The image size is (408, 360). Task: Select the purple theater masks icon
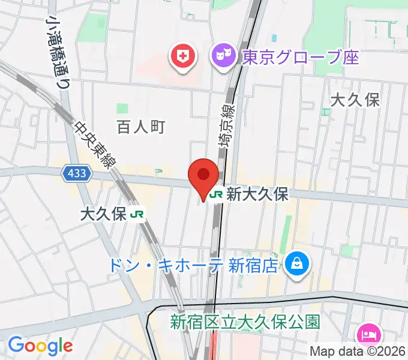tap(223, 57)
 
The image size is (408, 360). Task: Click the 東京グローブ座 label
tap(300, 58)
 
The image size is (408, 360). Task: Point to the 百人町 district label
tap(140, 127)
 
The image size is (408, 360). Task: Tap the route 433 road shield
tap(77, 174)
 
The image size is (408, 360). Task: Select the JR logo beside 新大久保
tap(217, 194)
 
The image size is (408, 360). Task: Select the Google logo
tap(40, 345)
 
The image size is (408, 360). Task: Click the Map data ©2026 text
tap(358, 351)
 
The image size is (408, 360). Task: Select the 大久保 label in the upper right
tap(356, 100)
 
